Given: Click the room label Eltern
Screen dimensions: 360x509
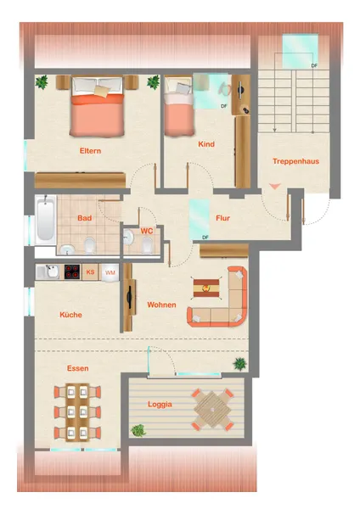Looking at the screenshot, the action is point(90,151).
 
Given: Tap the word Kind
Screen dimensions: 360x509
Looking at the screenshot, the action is point(206,144).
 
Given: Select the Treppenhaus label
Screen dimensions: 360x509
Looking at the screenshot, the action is point(295,161).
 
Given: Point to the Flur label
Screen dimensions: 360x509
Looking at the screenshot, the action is point(223,218).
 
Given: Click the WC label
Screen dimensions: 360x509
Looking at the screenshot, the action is point(147,231).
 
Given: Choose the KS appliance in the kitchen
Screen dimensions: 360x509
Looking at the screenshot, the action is point(90,272).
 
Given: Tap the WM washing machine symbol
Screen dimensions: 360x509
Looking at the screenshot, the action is point(110,272).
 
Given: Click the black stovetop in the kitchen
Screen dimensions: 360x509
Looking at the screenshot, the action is point(72,272).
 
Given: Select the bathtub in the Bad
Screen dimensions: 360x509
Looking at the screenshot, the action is point(46,220).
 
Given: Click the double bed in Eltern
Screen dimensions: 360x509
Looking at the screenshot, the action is point(97,106).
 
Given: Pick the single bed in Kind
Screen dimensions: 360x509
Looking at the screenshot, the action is point(178,106).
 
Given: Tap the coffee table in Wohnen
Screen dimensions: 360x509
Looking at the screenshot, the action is point(206,288).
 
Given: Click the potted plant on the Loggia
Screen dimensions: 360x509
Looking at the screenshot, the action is point(138,431).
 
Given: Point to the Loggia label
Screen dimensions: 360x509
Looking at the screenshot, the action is point(160,405).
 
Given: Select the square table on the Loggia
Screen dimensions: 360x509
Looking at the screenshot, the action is point(212,410).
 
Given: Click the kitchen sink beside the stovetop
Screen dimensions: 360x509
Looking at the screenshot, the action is point(50,271).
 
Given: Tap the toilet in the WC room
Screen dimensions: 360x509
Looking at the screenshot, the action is point(147,246).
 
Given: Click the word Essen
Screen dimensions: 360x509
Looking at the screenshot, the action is point(77,368).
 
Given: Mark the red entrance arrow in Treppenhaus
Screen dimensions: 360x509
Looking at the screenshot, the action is point(275,187).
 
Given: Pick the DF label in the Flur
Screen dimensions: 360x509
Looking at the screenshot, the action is point(205,238).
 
